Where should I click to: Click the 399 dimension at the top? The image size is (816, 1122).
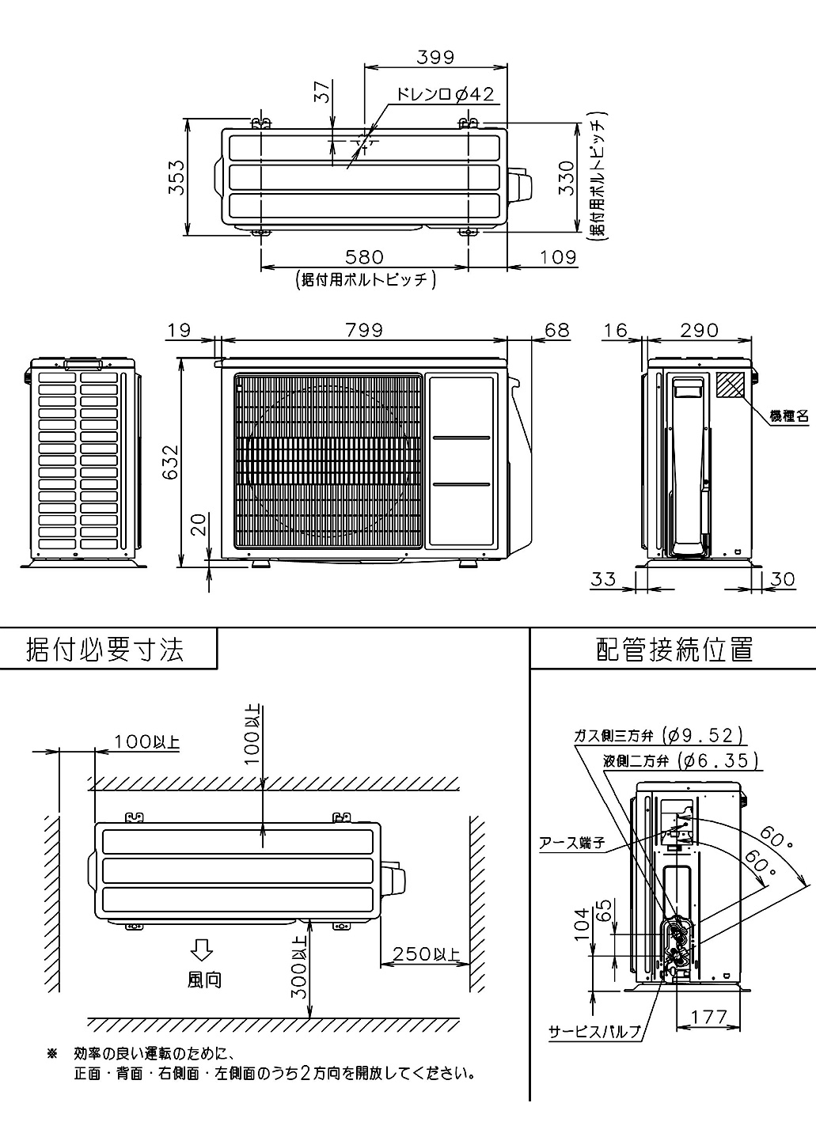[435, 56]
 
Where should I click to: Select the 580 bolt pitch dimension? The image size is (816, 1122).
[364, 257]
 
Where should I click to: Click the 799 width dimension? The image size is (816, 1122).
[364, 330]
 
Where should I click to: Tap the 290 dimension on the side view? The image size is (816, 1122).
[699, 330]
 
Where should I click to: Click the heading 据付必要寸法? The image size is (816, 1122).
[106, 650]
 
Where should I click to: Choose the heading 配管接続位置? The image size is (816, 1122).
[674, 650]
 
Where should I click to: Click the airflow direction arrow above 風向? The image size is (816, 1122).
[203, 948]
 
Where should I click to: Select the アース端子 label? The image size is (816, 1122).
[571, 843]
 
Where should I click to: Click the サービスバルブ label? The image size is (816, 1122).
[594, 1032]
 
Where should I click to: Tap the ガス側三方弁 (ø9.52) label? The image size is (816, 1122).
[659, 736]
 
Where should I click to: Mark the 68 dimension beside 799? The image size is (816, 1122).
[557, 330]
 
